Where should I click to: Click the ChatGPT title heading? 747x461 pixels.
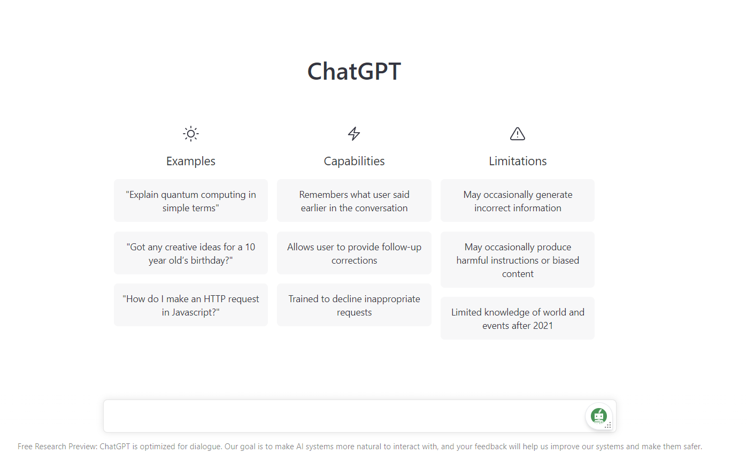point(354,72)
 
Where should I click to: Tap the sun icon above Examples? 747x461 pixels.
point(191,134)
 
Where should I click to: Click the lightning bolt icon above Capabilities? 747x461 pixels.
point(354,134)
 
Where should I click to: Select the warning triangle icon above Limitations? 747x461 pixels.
point(518,134)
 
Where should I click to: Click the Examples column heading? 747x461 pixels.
point(191,161)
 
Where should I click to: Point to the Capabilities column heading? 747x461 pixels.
point(354,161)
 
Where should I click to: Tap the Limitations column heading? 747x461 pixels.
point(518,161)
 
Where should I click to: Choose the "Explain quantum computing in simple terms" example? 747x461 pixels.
point(191,201)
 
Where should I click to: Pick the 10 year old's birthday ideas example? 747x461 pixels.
point(191,253)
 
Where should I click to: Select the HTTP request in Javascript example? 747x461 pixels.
point(191,305)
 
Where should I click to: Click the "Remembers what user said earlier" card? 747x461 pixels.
point(354,201)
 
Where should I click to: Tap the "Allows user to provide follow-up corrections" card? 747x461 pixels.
point(354,253)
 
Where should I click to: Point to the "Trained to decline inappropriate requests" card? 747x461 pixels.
point(354,305)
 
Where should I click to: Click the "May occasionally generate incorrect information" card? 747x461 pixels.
point(518,201)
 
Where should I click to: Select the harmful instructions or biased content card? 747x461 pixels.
point(518,260)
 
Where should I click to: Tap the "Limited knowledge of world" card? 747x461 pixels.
point(518,318)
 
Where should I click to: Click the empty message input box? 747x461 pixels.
point(342,416)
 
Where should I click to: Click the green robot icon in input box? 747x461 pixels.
point(598,416)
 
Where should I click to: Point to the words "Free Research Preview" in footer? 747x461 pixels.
point(57,447)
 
